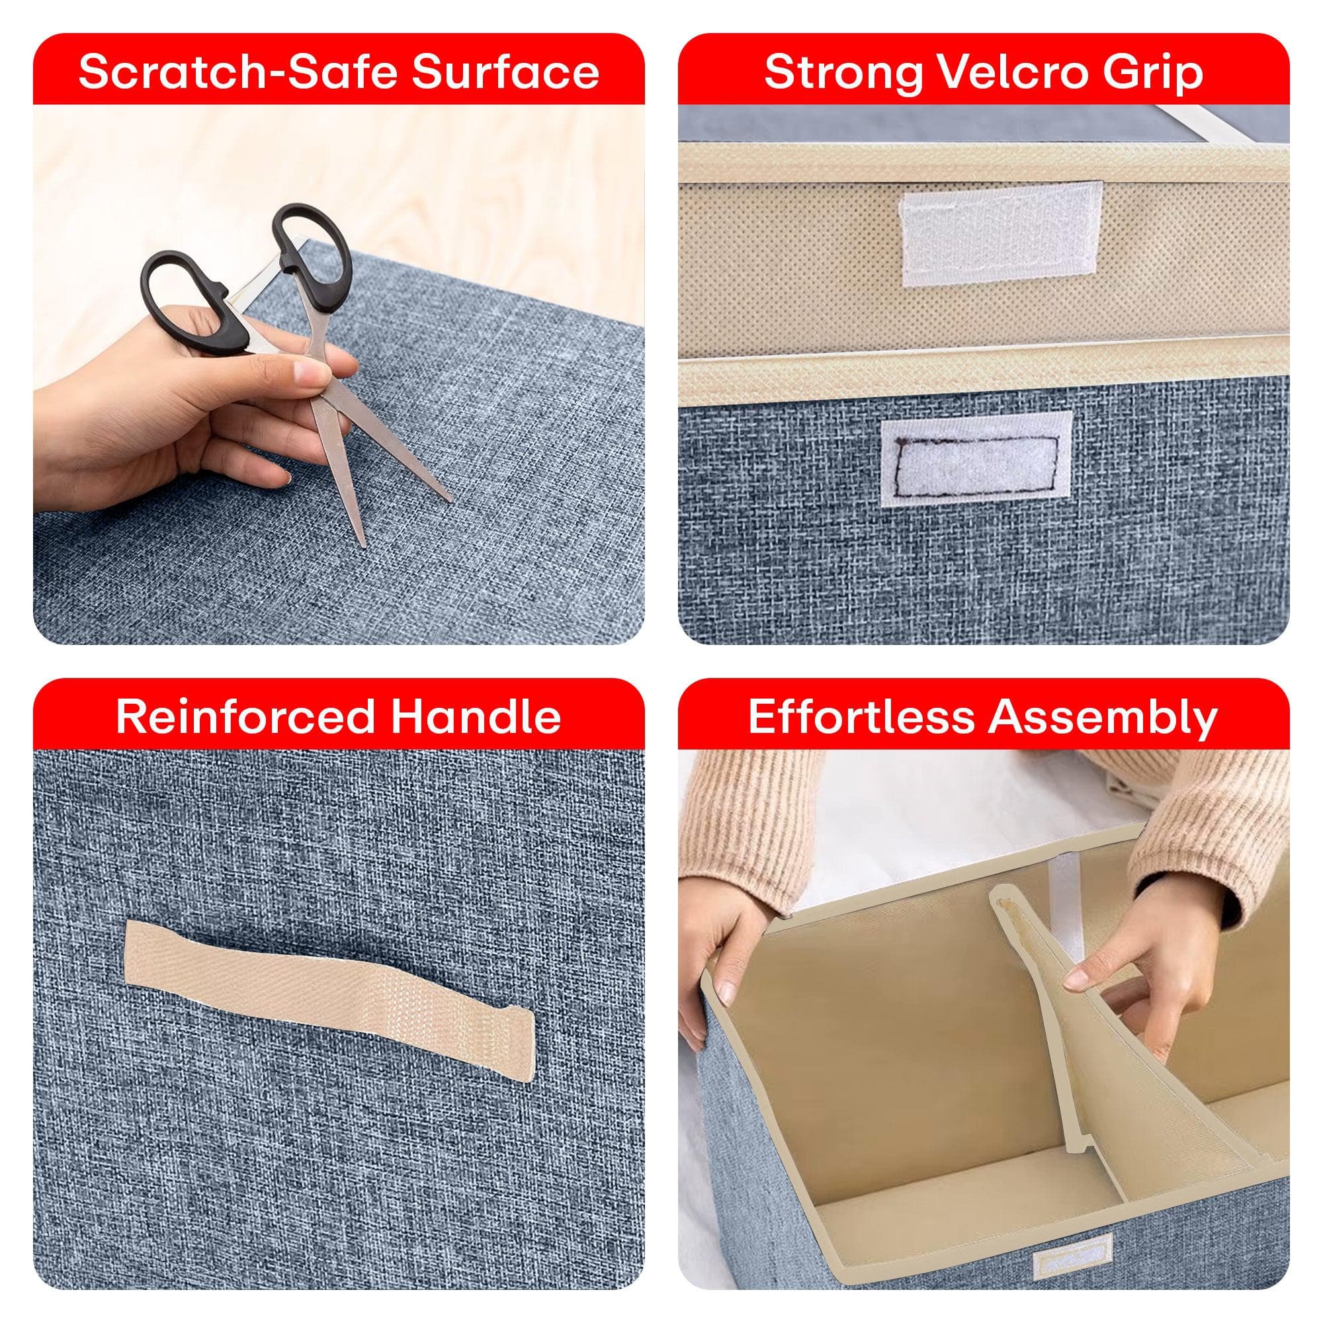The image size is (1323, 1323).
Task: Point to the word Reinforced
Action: [x=245, y=717]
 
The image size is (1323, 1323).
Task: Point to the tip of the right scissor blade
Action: [x=450, y=499]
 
